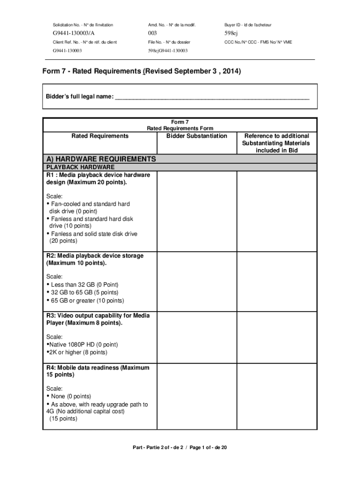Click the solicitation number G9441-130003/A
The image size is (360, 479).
[73, 34]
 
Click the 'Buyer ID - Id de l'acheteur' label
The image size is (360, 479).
[248, 25]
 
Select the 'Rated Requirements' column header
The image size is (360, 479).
[100, 136]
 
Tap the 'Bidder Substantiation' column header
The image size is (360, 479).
[197, 136]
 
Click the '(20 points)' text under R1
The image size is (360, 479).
[64, 241]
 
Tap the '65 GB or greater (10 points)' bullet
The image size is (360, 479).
[87, 300]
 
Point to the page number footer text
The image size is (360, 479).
[180, 448]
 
